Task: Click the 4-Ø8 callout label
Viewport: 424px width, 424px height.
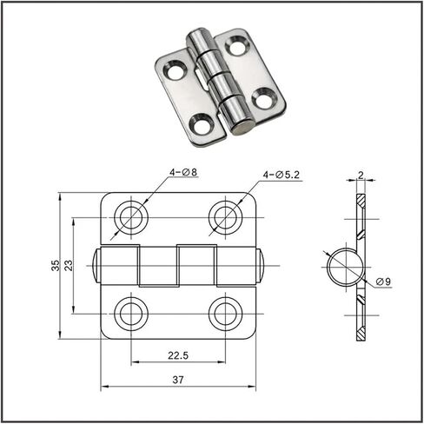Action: (x=183, y=172)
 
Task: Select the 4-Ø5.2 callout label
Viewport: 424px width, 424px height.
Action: (x=281, y=175)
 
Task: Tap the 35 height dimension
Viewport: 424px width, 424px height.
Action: (x=56, y=265)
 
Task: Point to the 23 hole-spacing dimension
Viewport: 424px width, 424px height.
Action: (x=69, y=265)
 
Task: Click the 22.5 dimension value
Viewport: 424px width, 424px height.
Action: (x=178, y=355)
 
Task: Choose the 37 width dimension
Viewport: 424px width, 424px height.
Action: (x=178, y=380)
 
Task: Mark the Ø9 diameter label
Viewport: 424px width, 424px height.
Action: (x=383, y=282)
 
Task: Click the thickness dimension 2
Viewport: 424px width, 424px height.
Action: (x=361, y=175)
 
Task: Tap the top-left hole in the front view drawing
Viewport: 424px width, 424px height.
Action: (x=131, y=217)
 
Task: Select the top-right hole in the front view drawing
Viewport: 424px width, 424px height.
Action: (x=226, y=217)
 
